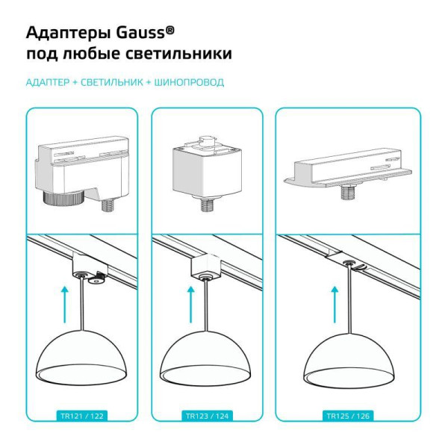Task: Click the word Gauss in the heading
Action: pyautogui.click(x=140, y=33)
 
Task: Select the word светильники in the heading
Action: pyautogui.click(x=178, y=54)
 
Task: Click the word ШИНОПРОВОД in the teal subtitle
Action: pyautogui.click(x=189, y=83)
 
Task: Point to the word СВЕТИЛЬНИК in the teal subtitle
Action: pyautogui.click(x=112, y=83)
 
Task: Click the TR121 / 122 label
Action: pyautogui.click(x=82, y=416)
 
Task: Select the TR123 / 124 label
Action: pyautogui.click(x=207, y=416)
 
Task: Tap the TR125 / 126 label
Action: pyautogui.click(x=348, y=416)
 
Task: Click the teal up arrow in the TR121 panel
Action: pyautogui.click(x=65, y=305)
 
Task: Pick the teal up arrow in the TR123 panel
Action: pyautogui.click(x=191, y=305)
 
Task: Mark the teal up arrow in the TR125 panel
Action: pyautogui.click(x=335, y=305)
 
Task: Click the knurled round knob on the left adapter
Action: pyautogui.click(x=63, y=197)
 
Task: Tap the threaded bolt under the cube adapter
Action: pyautogui.click(x=208, y=205)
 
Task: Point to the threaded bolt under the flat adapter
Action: pyautogui.click(x=349, y=193)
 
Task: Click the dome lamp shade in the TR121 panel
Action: pyautogui.click(x=81, y=355)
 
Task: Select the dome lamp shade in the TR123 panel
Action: pyautogui.click(x=205, y=355)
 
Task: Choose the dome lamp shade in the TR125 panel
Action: pyautogui.click(x=349, y=357)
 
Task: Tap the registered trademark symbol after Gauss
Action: pyautogui.click(x=170, y=30)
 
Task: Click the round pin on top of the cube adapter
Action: pyautogui.click(x=205, y=140)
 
